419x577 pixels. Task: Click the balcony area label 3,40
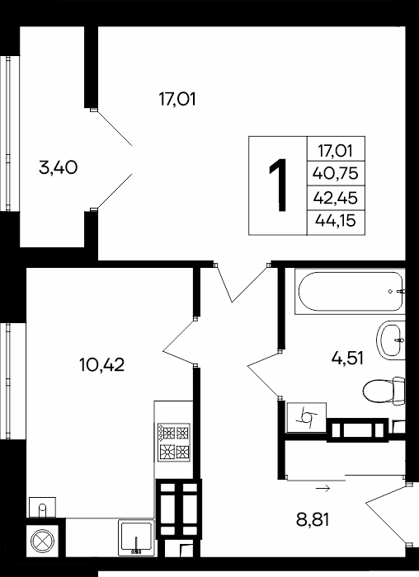[x=59, y=168]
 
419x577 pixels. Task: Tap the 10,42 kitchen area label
[x=102, y=364]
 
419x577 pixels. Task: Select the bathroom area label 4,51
[x=347, y=358]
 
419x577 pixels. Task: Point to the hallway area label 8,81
[x=313, y=520]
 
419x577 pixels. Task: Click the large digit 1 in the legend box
[x=279, y=185]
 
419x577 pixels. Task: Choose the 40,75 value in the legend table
[x=335, y=173]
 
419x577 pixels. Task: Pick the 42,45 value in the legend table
[x=335, y=198]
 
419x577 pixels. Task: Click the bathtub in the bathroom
[x=350, y=292]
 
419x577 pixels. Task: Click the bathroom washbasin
[x=391, y=340]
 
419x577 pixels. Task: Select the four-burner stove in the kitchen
[x=174, y=443]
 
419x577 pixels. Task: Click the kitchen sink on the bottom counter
[x=136, y=537]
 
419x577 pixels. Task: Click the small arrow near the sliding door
[x=322, y=489]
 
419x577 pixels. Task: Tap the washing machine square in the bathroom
[x=306, y=417]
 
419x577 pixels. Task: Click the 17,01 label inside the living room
[x=177, y=100]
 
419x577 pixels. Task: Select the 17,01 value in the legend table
[x=335, y=151]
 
